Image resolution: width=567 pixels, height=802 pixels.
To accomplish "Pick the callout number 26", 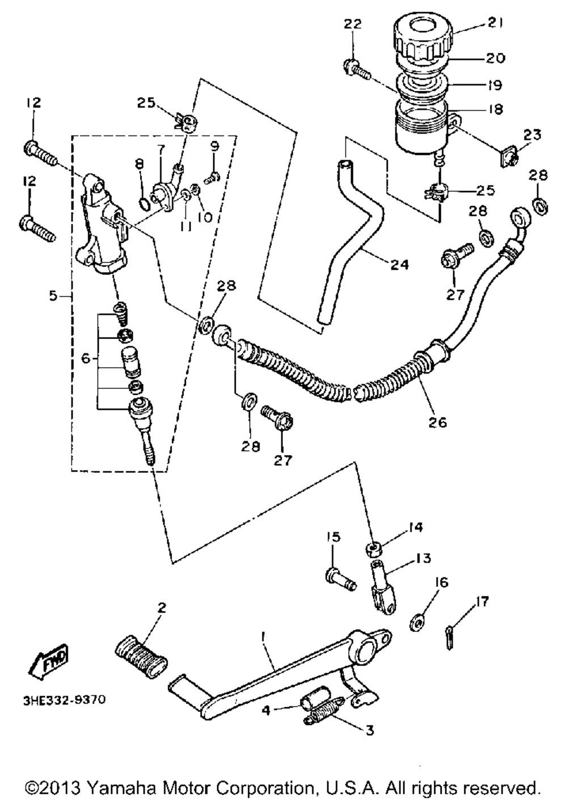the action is coord(437,422).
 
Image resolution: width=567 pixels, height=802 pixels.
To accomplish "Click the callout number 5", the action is coord(53,296).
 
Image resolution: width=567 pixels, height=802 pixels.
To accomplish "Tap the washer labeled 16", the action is coord(417,623).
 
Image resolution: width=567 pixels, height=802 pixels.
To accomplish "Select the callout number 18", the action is coord(496,109).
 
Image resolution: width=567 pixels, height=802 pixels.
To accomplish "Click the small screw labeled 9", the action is coord(211,177).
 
